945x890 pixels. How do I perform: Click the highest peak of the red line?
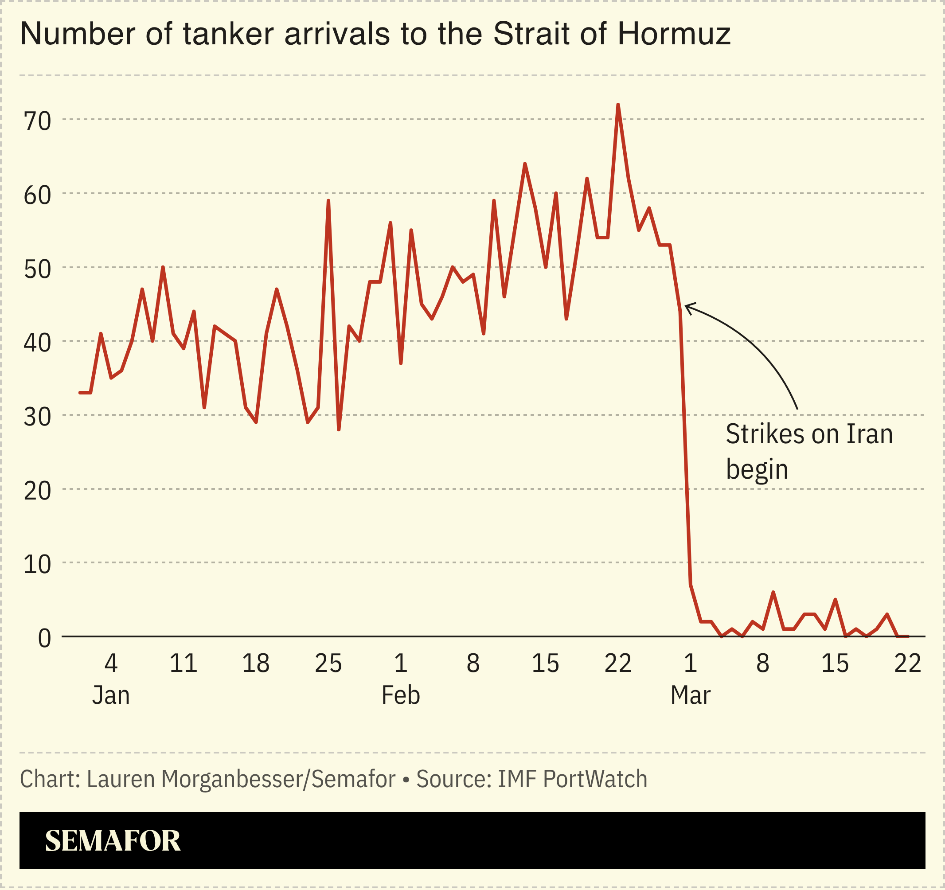coord(618,105)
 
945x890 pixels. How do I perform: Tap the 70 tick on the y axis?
coord(37,121)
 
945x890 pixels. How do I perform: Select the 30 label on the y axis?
coord(37,417)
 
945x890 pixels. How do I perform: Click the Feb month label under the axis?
coord(401,695)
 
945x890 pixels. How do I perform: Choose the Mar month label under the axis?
coord(690,695)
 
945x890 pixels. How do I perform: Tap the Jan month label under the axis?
coord(111,695)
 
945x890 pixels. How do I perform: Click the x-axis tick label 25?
coord(328,663)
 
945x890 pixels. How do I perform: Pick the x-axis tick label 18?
coord(256,663)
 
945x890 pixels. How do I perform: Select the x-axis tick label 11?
coord(184,663)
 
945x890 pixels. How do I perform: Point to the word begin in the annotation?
coord(757,470)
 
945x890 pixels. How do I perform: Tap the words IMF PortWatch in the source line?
coord(572,779)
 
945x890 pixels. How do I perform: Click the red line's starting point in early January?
coord(80,393)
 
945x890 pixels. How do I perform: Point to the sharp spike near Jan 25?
coord(328,201)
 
